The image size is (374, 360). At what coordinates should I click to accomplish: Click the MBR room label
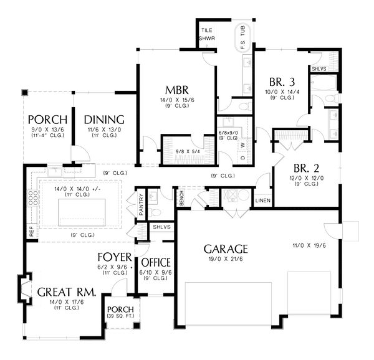pyautogui.click(x=177, y=90)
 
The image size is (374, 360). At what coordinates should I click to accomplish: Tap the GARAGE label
pyautogui.click(x=226, y=249)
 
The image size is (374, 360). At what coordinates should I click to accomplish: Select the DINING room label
pyautogui.click(x=104, y=120)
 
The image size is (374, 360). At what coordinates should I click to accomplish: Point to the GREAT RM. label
pyautogui.click(x=67, y=292)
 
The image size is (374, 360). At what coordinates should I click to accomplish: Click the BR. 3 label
pyautogui.click(x=282, y=82)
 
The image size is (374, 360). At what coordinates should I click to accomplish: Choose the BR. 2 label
pyautogui.click(x=306, y=168)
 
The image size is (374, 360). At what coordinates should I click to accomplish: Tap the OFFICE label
pyautogui.click(x=156, y=263)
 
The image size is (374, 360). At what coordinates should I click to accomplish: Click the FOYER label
pyautogui.click(x=115, y=257)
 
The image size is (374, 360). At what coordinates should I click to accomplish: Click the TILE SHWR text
pyautogui.click(x=207, y=34)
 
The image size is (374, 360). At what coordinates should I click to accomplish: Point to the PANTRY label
pyautogui.click(x=141, y=205)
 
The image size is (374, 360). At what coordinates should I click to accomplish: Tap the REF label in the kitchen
pyautogui.click(x=32, y=231)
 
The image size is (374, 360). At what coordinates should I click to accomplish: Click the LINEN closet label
pyautogui.click(x=263, y=201)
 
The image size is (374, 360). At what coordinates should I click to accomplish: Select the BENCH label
pyautogui.click(x=181, y=198)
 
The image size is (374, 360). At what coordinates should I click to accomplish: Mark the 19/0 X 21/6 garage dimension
pyautogui.click(x=226, y=259)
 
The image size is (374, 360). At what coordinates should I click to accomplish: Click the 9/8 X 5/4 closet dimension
pyautogui.click(x=188, y=151)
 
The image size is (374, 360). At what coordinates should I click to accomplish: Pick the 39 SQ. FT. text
pyautogui.click(x=120, y=316)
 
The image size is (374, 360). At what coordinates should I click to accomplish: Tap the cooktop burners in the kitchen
pyautogui.click(x=33, y=197)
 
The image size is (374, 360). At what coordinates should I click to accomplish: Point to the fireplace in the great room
pyautogui.click(x=24, y=288)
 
